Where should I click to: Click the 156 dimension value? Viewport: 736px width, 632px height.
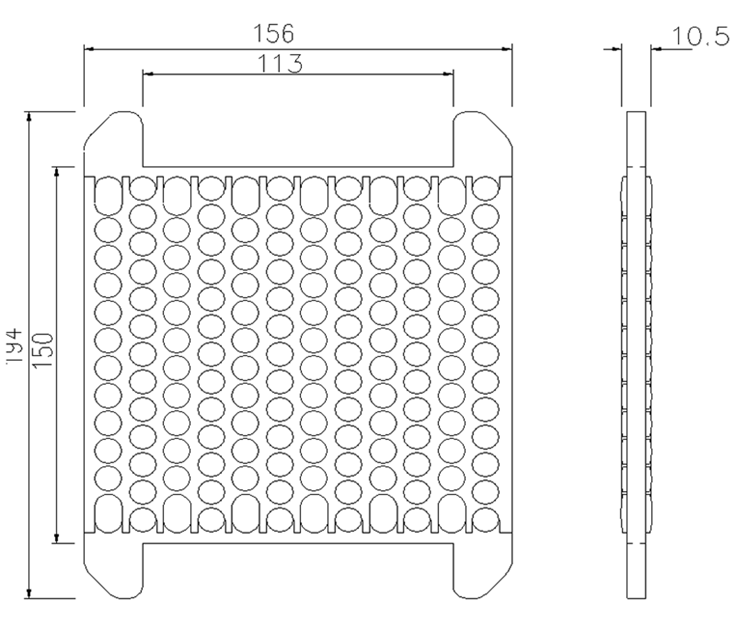[274, 34]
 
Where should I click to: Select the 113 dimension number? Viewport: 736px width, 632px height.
[280, 64]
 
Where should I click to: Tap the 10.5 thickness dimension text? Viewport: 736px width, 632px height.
[701, 36]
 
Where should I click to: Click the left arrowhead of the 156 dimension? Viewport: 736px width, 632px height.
[89, 49]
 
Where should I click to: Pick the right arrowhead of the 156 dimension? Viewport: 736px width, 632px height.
[506, 49]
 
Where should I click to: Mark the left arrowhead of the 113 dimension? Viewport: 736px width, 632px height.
[148, 74]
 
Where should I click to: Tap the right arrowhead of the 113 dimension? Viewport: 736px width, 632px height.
[448, 74]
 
